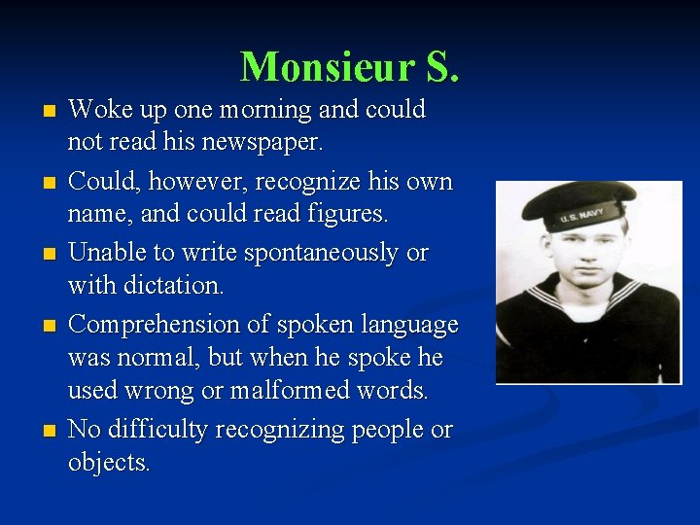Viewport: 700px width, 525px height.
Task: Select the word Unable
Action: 107,253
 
